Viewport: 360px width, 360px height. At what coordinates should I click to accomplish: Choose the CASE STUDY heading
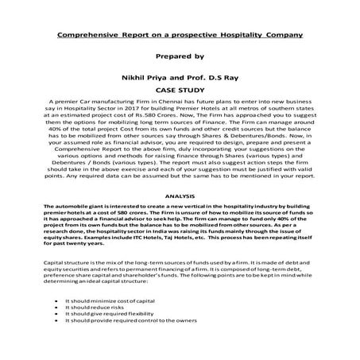180,91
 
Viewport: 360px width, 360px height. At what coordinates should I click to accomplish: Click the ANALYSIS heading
180,195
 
